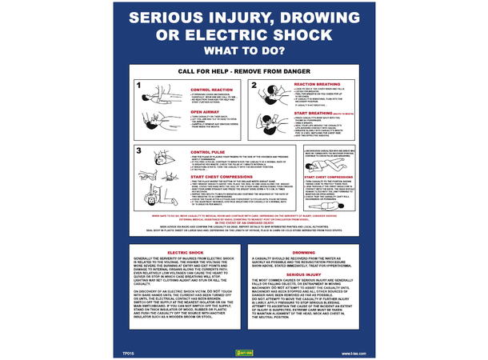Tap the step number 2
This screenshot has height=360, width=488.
click(x=254, y=84)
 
